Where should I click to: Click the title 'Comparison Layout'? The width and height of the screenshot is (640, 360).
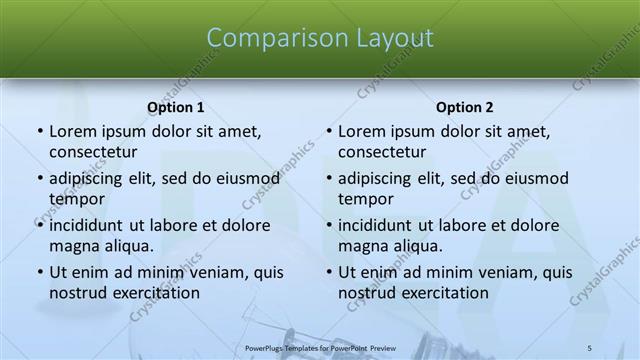pos(320,38)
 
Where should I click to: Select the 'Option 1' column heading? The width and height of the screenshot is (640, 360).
pos(175,107)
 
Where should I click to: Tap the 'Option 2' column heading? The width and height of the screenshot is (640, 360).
pos(464,107)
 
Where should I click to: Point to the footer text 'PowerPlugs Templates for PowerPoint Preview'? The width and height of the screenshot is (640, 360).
pos(320,347)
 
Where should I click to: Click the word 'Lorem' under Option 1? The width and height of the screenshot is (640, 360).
pos(73,131)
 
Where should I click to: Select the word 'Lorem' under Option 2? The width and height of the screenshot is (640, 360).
pos(362,131)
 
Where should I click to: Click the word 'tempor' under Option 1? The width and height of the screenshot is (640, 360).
pos(77,199)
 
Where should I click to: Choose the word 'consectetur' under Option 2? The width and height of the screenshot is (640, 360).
pos(388,152)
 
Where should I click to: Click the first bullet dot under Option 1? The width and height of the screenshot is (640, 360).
pos(39,132)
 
